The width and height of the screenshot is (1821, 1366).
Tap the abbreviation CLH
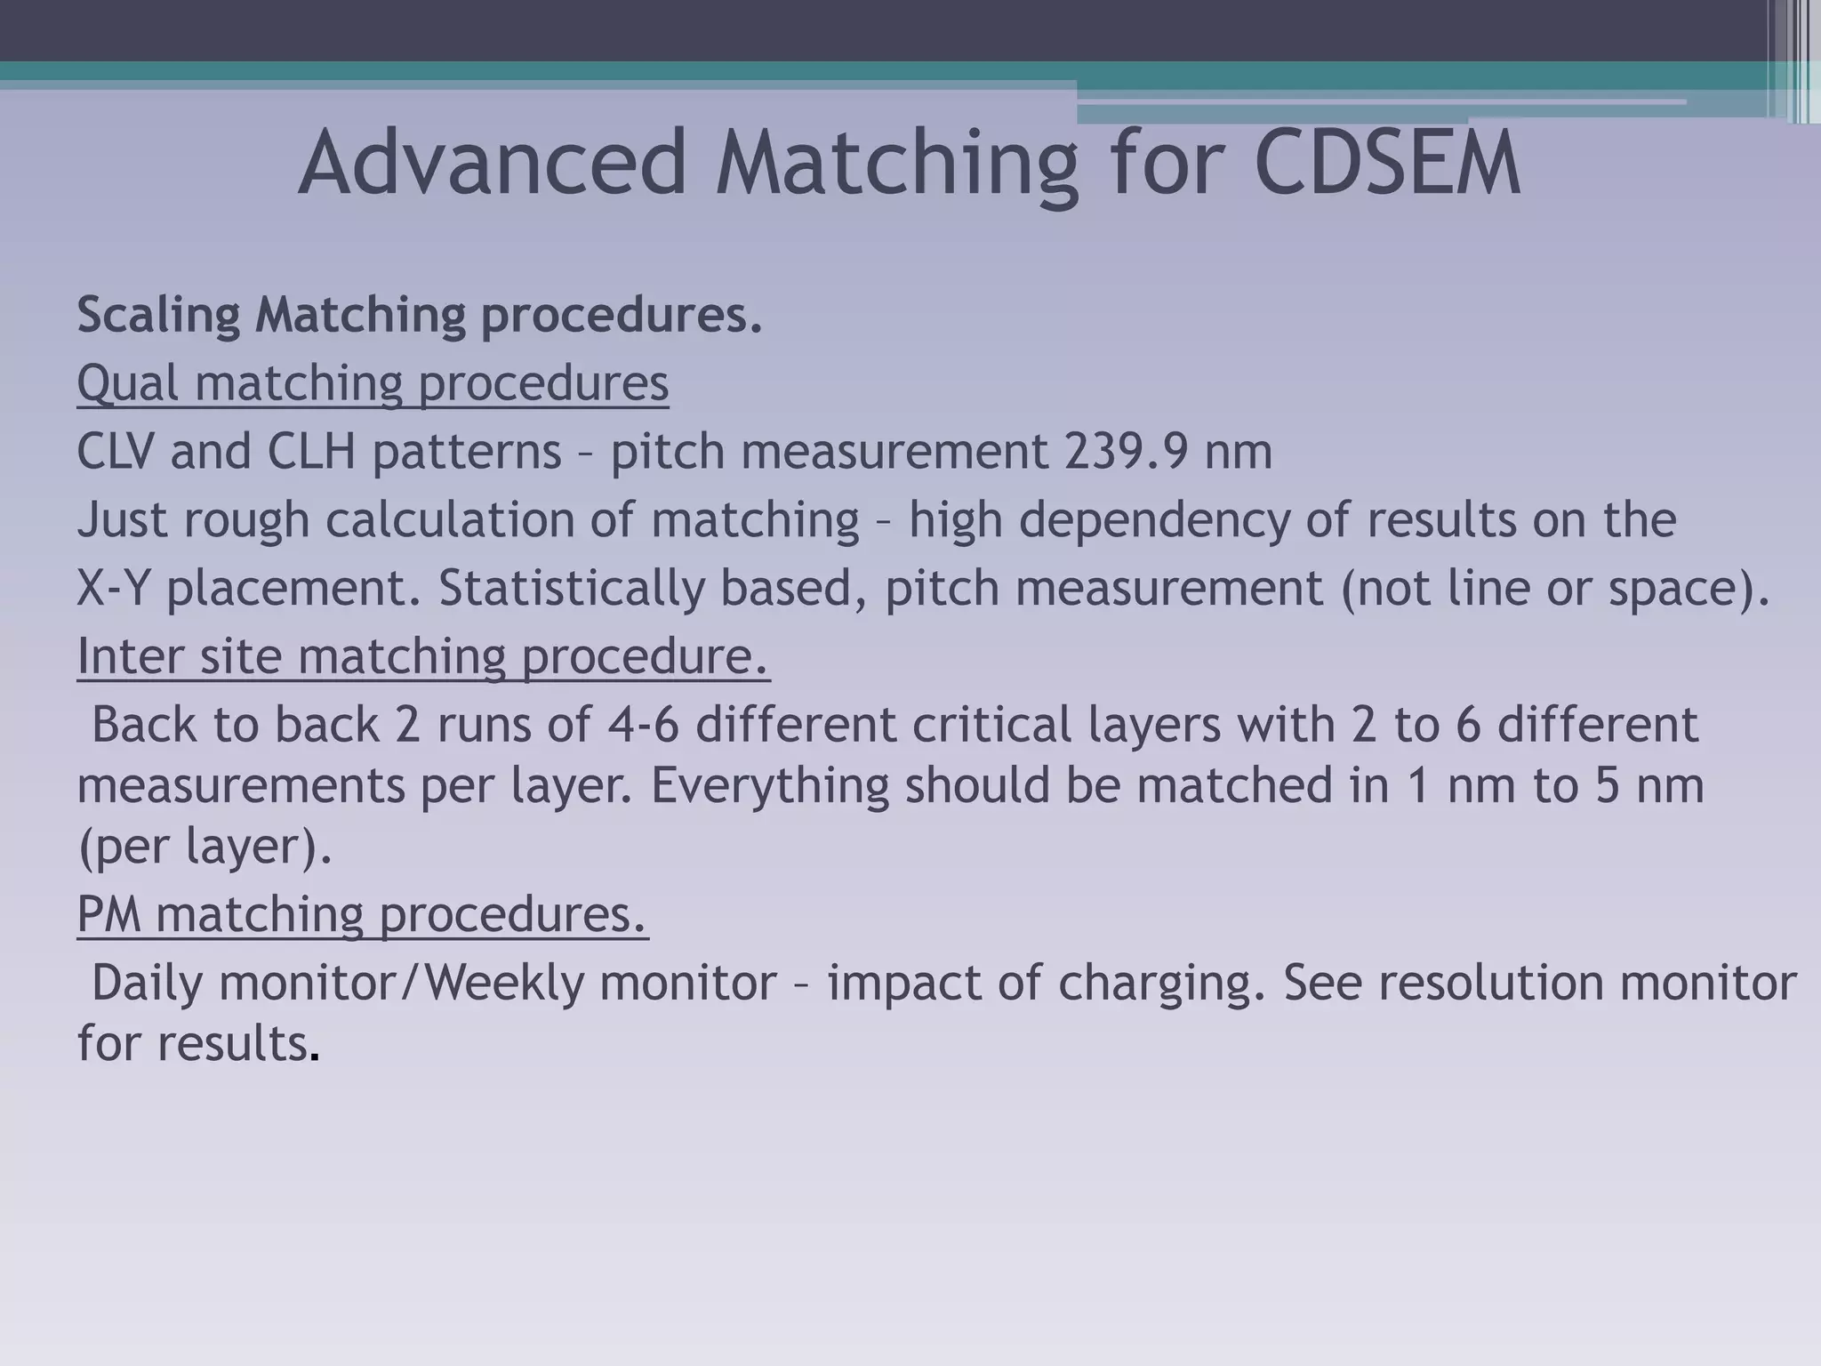coord(311,452)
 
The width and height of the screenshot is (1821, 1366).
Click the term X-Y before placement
coord(114,589)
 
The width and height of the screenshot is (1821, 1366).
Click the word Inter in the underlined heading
coord(130,657)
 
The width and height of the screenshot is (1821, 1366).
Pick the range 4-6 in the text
coord(642,725)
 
